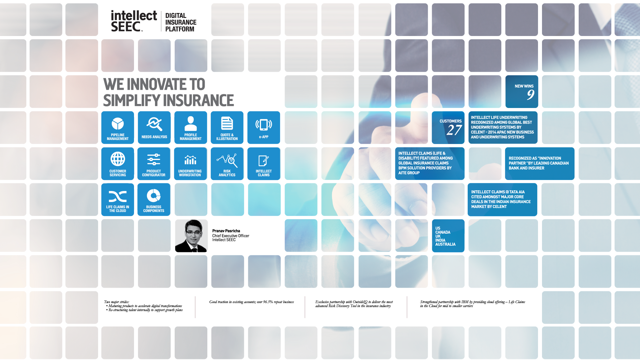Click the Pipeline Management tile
[118, 128]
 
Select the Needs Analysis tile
[154, 128]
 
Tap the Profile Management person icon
[191, 124]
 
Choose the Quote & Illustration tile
[227, 128]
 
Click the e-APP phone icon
[264, 125]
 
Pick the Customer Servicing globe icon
[118, 159]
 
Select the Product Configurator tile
[154, 164]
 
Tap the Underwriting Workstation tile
[190, 164]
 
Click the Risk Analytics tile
[227, 164]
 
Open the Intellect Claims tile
[264, 164]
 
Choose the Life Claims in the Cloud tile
[118, 200]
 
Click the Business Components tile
[154, 200]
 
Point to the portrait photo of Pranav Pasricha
[191, 236]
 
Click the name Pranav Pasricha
[226, 231]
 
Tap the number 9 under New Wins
[530, 95]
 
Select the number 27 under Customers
[454, 130]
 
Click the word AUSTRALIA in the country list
[445, 244]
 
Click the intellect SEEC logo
[134, 21]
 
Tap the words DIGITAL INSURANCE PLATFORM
[181, 22]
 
